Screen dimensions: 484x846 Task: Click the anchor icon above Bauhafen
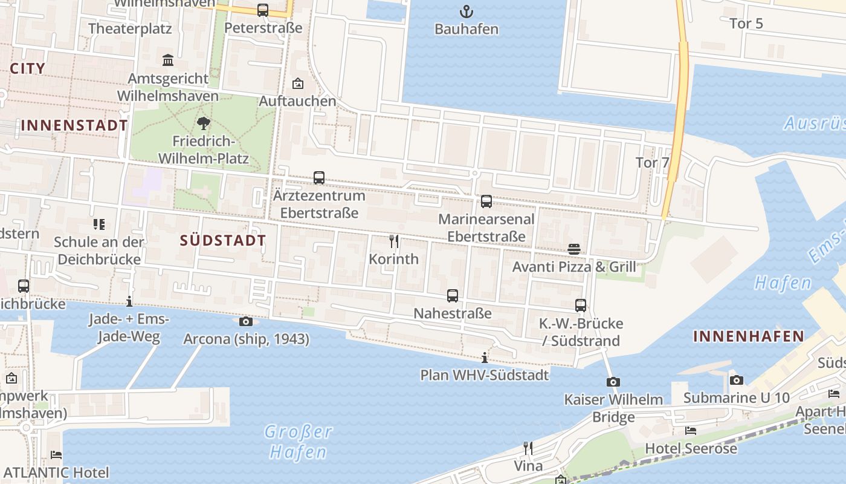pos(466,11)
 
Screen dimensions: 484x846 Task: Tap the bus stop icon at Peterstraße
pos(262,10)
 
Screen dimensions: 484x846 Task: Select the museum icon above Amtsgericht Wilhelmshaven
pos(168,60)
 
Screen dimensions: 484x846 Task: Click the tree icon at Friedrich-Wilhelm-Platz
pos(203,123)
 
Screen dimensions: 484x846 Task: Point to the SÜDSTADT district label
pos(222,240)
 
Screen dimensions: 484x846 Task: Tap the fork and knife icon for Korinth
pos(394,241)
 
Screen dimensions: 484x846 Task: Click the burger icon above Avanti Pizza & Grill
pos(573,249)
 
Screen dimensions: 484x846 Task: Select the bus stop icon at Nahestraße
pos(452,296)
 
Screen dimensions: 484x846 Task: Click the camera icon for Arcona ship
pos(246,321)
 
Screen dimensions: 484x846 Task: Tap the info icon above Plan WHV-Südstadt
pos(484,357)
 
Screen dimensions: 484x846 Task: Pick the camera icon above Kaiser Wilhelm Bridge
pos(613,382)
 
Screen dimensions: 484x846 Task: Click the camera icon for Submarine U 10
pos(736,380)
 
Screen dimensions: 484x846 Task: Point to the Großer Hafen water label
pos(299,442)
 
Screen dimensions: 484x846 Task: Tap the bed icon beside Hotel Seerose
pos(691,431)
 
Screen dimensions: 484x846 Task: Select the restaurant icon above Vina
pos(528,448)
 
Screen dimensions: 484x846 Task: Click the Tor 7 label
pos(653,162)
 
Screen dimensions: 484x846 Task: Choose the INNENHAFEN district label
pos(748,336)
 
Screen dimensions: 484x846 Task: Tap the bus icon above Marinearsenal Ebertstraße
pos(486,201)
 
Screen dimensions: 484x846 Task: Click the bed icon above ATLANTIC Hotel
pos(56,454)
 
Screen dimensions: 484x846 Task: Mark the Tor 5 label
pos(746,24)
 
